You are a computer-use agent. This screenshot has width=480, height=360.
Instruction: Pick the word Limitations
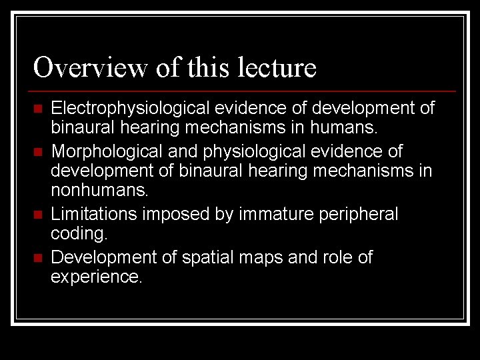(x=86, y=214)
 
